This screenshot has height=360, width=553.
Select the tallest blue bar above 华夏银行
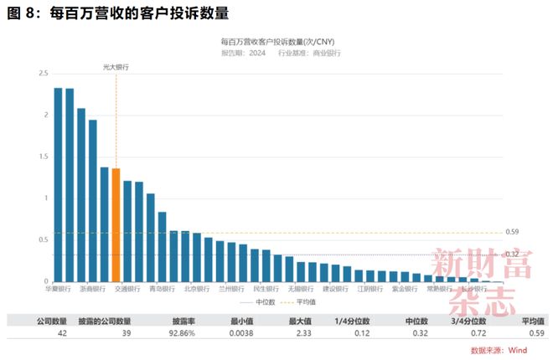[59, 184]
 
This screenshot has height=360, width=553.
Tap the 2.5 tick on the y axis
[43, 74]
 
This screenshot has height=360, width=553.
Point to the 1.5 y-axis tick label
[43, 157]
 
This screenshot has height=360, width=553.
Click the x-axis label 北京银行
[196, 289]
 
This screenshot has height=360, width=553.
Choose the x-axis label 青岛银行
[162, 289]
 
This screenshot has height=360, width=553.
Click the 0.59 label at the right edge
[513, 232]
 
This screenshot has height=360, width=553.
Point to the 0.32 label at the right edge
[513, 254]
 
